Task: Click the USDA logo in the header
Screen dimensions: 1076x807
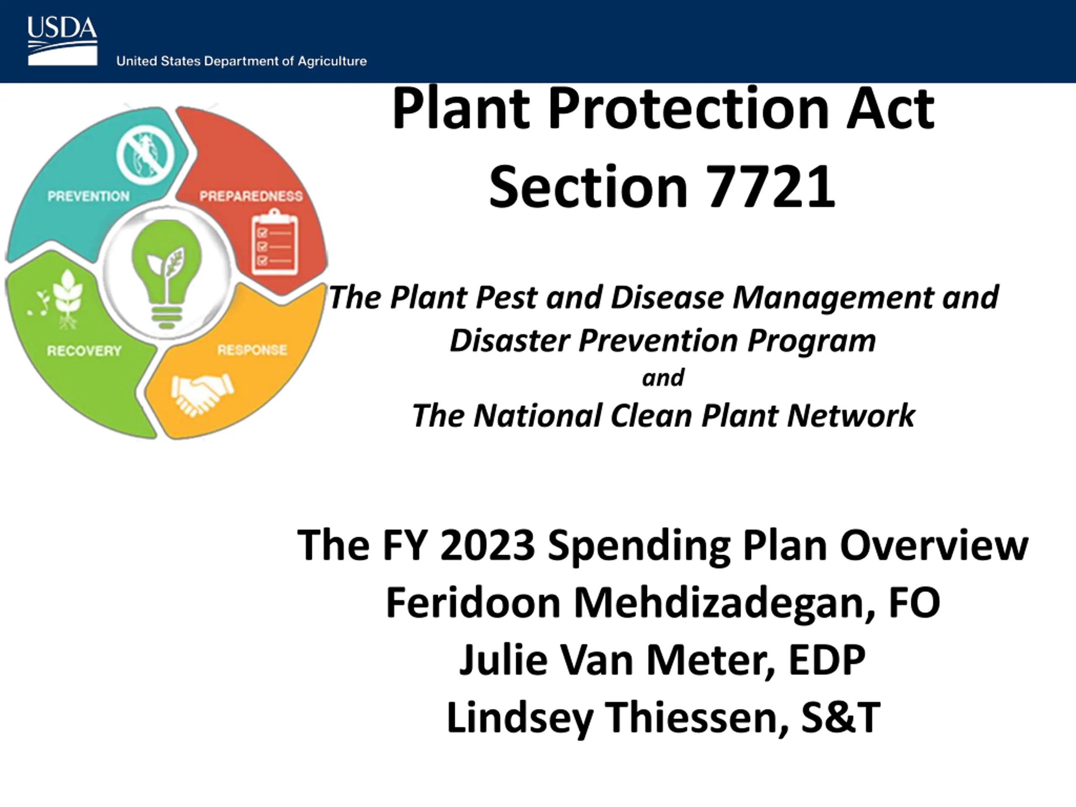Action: click(62, 41)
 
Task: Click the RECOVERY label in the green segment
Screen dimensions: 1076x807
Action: click(84, 351)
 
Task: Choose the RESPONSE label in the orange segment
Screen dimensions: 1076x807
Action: click(252, 350)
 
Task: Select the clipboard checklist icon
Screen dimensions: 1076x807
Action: click(274, 242)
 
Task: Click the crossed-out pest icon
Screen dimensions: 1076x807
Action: click(146, 154)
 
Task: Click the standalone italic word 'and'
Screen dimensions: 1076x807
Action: click(663, 378)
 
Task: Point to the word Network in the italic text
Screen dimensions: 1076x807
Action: click(851, 416)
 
